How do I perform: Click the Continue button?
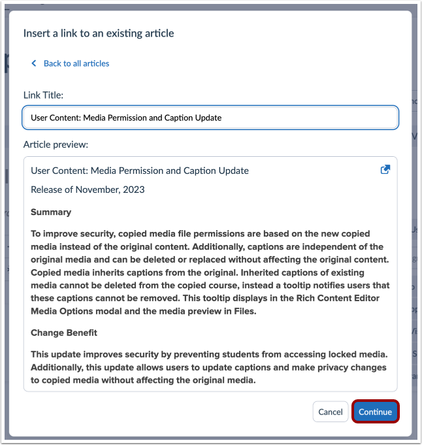[x=375, y=412]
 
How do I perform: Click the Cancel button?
[x=331, y=412]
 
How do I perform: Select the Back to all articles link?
[x=76, y=63]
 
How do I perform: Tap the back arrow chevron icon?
[x=34, y=63]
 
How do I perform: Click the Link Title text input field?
[x=210, y=118]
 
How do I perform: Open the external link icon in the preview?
[x=385, y=169]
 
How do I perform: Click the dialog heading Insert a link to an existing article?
[x=99, y=33]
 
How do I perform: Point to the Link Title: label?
[x=43, y=95]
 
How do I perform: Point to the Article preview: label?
[x=56, y=144]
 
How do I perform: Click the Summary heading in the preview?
[x=51, y=212]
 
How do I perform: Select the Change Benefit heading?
[x=64, y=333]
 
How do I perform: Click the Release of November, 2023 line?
[x=88, y=190]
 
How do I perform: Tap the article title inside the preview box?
[x=139, y=171]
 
